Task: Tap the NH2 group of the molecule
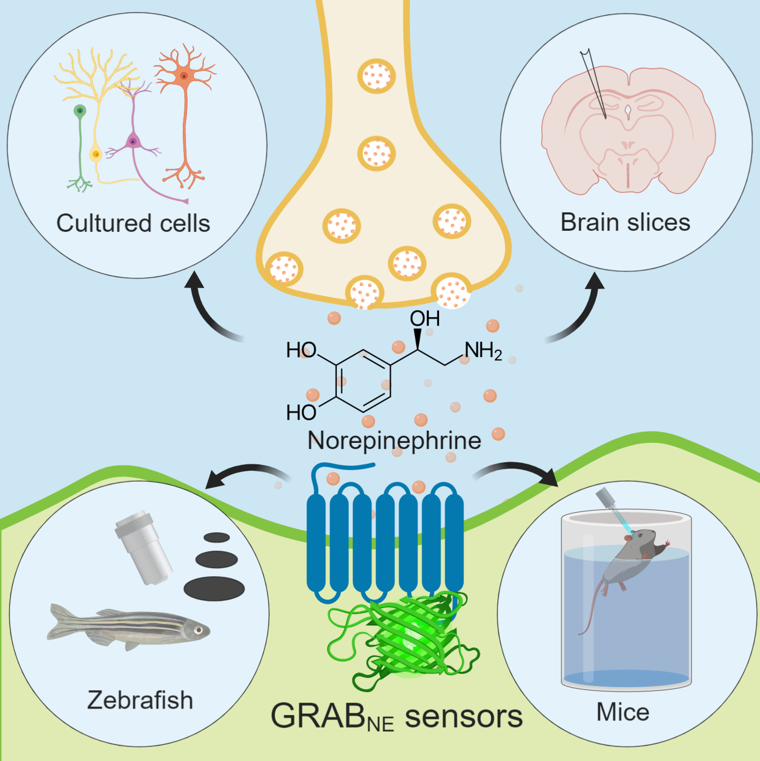[x=483, y=350]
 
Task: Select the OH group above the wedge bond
[x=425, y=318]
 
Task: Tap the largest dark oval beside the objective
[x=214, y=589]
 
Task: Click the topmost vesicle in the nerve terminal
[x=376, y=76]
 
